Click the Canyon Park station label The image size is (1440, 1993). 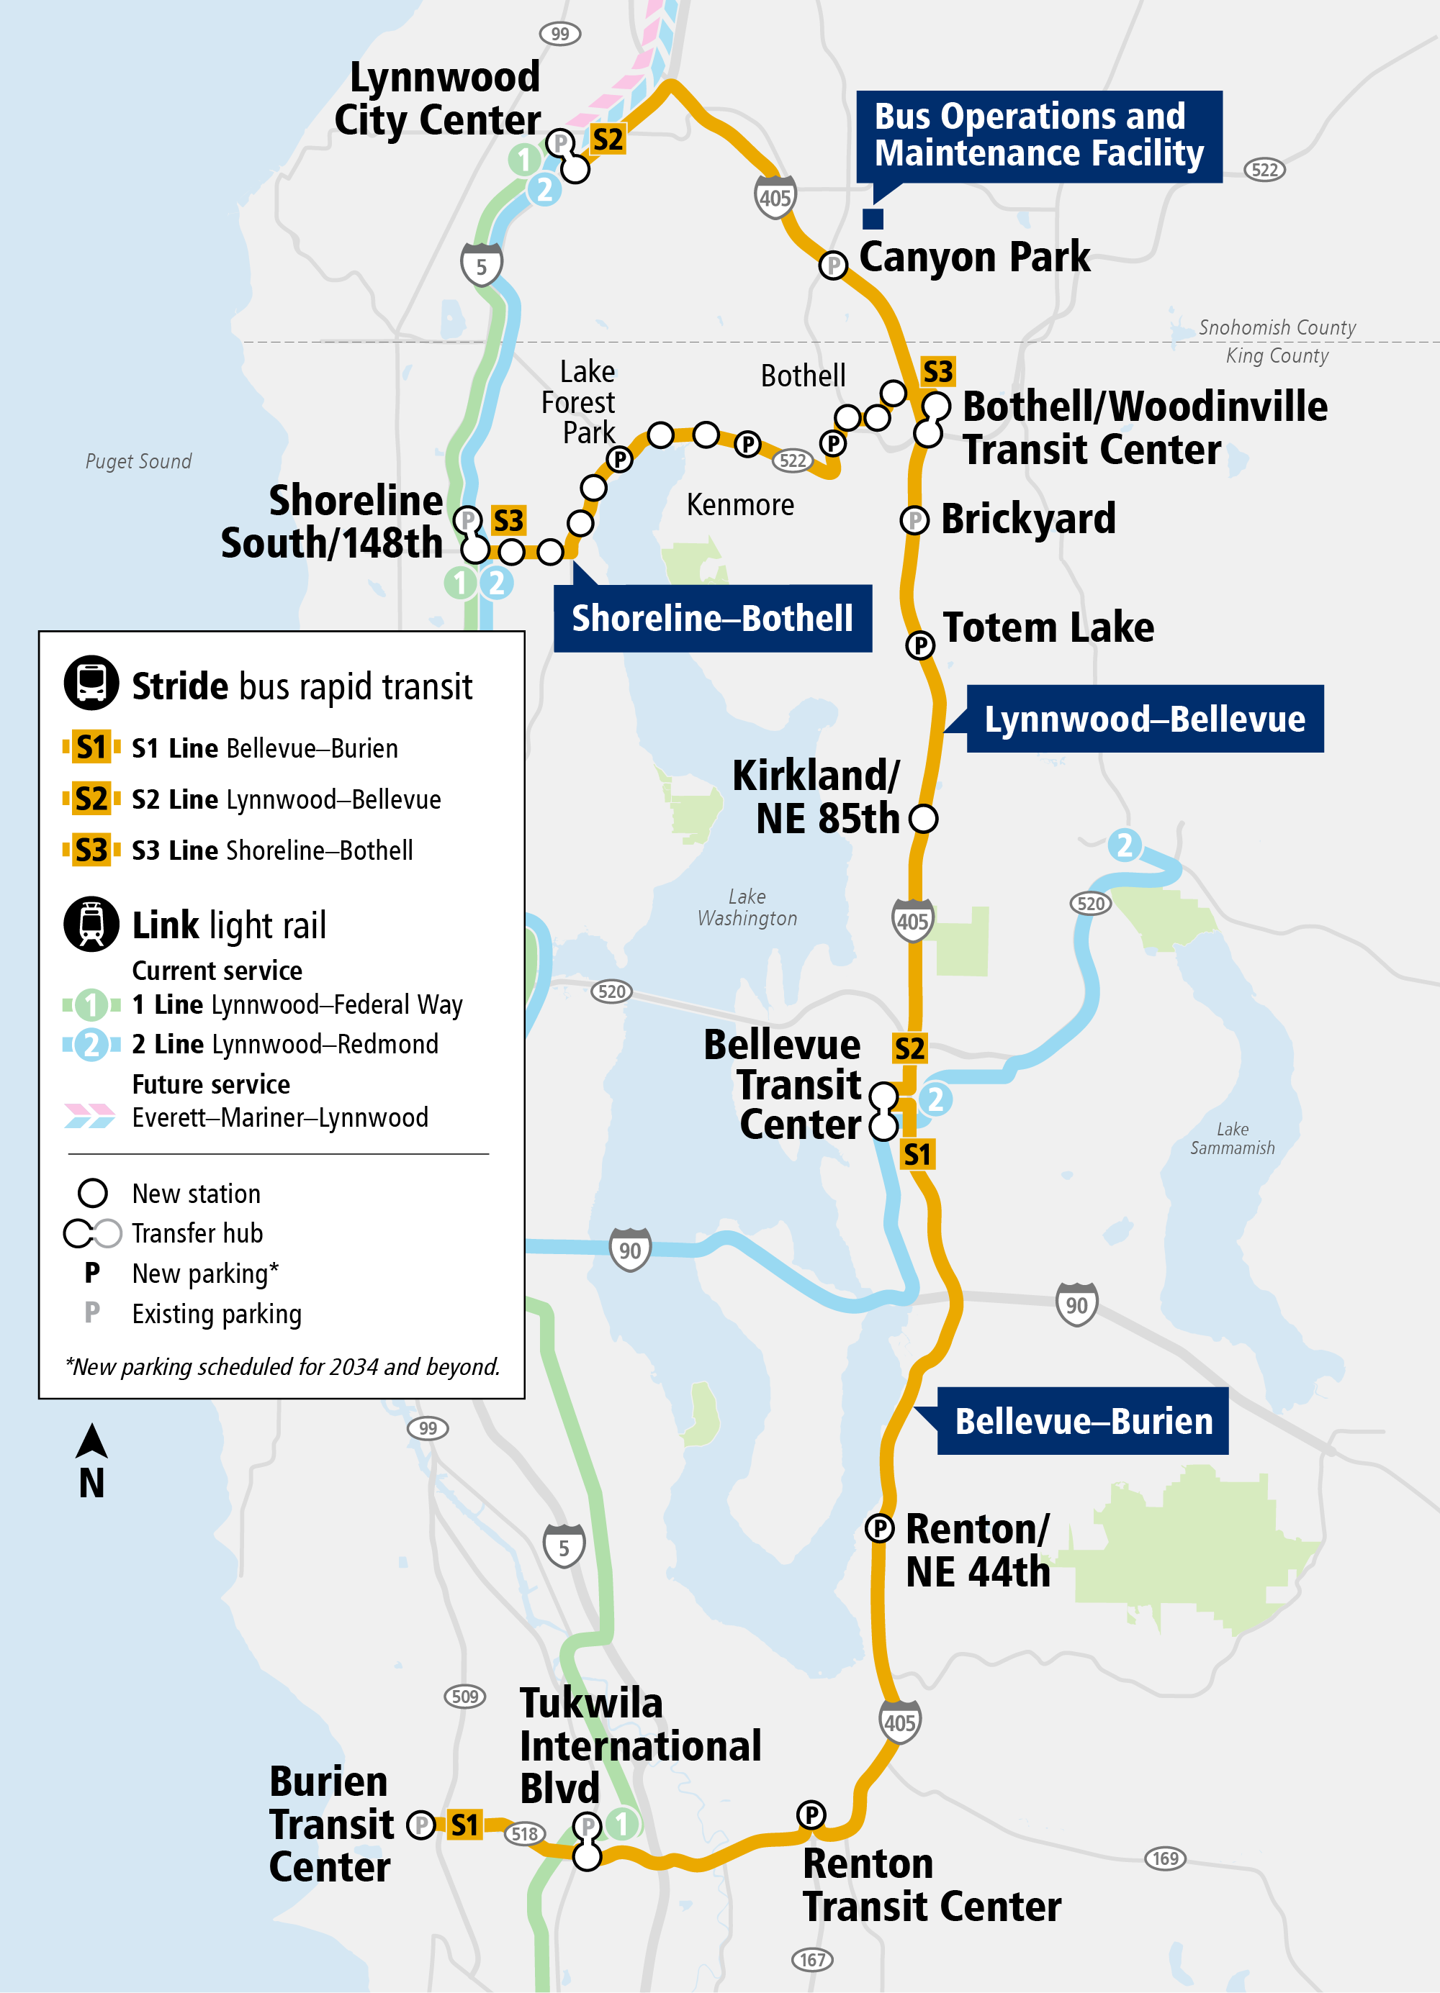coord(974,258)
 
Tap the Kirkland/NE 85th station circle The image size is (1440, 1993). coord(923,818)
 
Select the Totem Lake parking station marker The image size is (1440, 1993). coord(919,645)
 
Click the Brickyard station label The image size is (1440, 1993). coord(1027,519)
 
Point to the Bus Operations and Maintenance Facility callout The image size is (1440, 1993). coord(1038,135)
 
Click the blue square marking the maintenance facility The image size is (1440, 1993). coord(872,218)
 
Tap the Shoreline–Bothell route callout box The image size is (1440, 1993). coord(712,618)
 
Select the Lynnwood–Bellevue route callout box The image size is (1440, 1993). coord(1144,719)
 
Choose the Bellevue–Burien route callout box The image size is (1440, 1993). coord(1083,1421)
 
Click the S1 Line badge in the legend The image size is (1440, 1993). coord(91,748)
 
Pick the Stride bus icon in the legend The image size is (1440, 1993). coord(91,683)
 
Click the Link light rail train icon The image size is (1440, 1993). coord(91,924)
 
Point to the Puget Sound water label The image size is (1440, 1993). coord(138,461)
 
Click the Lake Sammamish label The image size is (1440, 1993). coord(1232,1138)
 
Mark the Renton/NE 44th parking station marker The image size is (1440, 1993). coord(879,1528)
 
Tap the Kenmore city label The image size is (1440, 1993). coord(740,505)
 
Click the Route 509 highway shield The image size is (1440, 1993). coord(465,1696)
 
